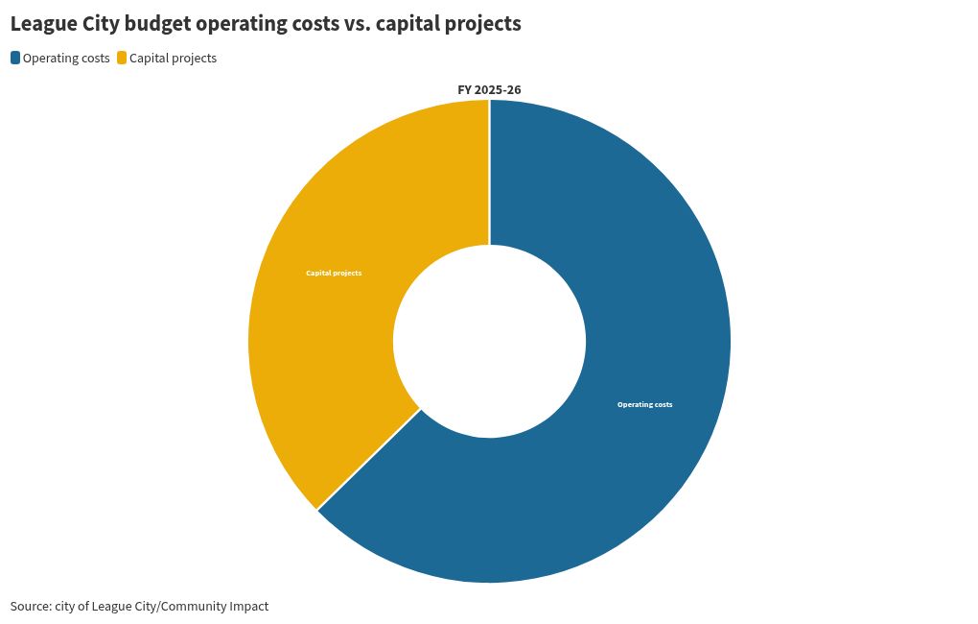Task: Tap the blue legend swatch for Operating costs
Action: coord(15,59)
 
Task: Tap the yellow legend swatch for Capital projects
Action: coord(123,59)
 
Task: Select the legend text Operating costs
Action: coord(66,59)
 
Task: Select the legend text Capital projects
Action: coord(173,59)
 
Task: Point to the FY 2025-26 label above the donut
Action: coord(489,90)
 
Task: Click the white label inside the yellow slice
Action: coord(334,273)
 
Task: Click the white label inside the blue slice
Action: coord(645,405)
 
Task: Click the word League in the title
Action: coord(44,24)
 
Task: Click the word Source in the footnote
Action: coord(31,606)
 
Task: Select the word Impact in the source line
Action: coord(249,607)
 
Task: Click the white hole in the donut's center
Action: coord(490,341)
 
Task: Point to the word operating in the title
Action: coord(242,24)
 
